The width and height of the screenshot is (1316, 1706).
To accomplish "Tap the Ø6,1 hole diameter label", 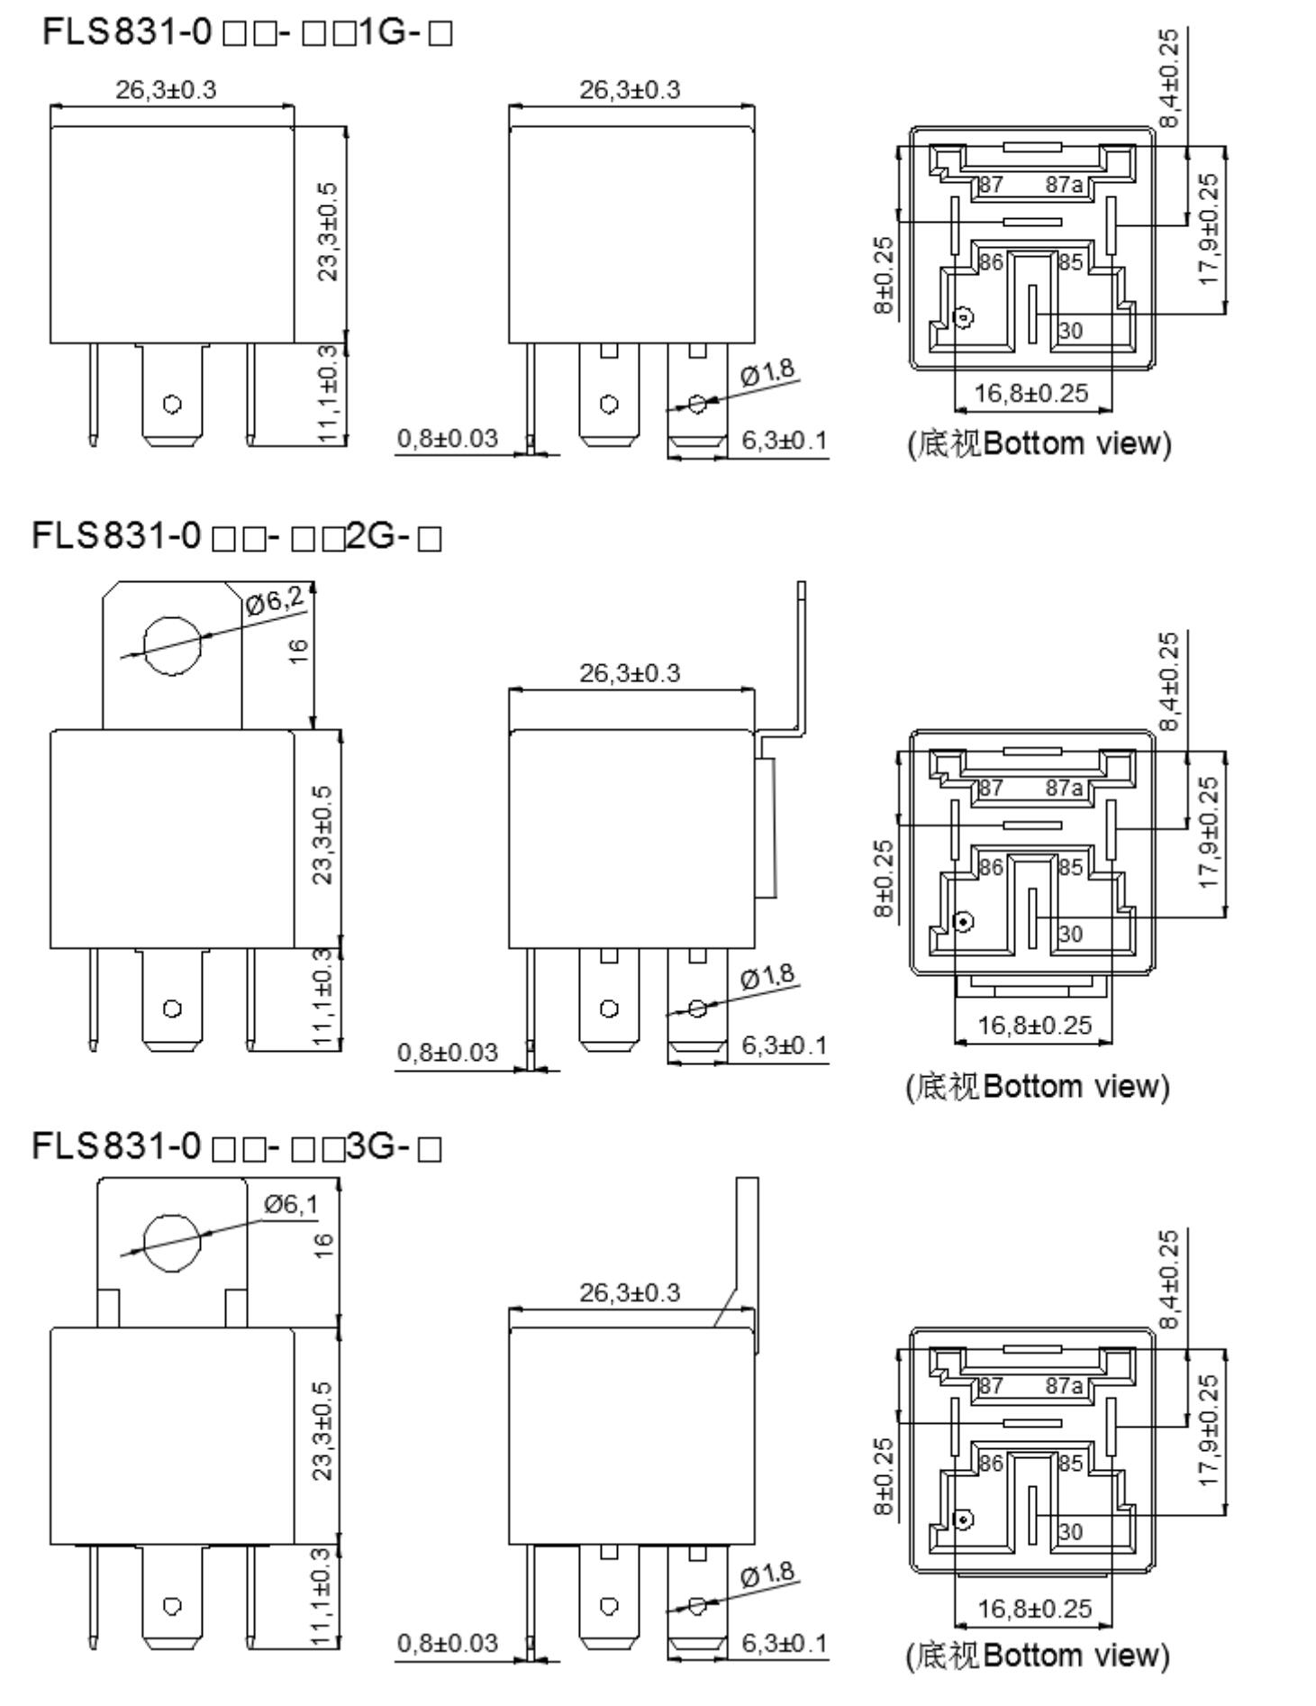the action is click(x=291, y=1204).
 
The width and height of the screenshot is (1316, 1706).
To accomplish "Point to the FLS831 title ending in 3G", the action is click(x=237, y=1146).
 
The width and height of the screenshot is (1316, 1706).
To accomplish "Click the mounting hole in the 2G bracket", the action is click(x=173, y=645).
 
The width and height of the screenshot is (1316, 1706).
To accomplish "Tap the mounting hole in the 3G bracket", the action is click(x=172, y=1242).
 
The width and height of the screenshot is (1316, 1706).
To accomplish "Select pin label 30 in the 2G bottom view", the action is click(x=1070, y=935).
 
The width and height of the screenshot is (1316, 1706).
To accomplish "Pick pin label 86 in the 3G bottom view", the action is click(x=991, y=1463).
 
